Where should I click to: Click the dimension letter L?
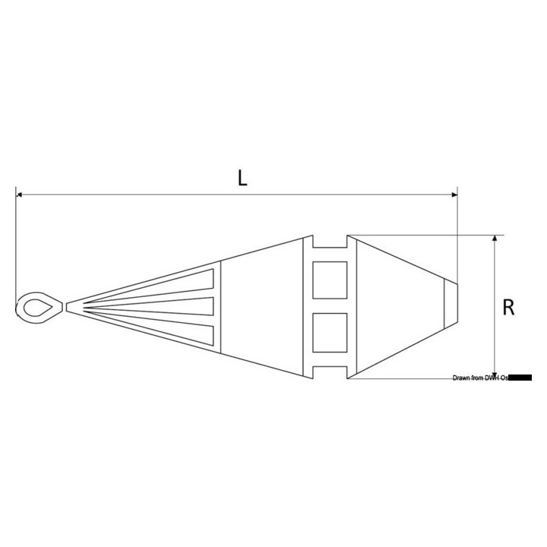(242, 178)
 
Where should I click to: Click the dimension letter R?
(510, 307)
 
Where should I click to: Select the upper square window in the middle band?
(330, 280)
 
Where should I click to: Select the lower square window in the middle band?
(330, 331)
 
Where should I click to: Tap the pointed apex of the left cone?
(69, 306)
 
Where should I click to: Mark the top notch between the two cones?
(330, 242)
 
